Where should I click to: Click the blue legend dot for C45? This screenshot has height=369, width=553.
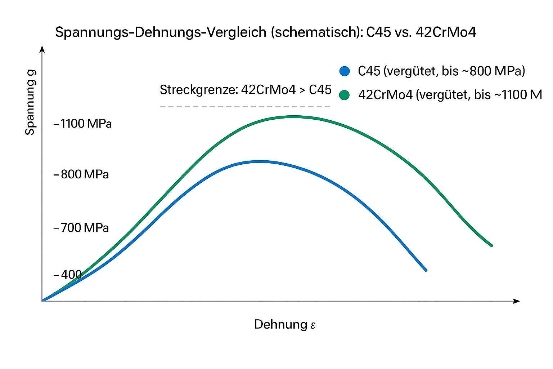tap(345, 71)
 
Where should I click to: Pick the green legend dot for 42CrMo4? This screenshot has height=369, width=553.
tap(345, 95)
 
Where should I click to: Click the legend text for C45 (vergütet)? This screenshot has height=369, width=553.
tap(441, 71)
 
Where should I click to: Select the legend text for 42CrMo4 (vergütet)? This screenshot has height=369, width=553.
tap(450, 95)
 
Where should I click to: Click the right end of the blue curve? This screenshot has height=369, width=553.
tap(426, 270)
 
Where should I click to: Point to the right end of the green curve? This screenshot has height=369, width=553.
tap(491, 245)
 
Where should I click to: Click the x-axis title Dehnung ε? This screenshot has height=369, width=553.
tap(285, 324)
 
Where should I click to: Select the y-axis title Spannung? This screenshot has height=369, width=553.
tap(30, 102)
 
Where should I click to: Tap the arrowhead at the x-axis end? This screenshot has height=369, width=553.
tap(517, 301)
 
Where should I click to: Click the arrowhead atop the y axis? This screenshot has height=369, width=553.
tap(42, 49)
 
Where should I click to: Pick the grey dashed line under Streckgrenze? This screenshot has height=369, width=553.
tap(245, 107)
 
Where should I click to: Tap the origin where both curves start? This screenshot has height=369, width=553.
tap(43, 300)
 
